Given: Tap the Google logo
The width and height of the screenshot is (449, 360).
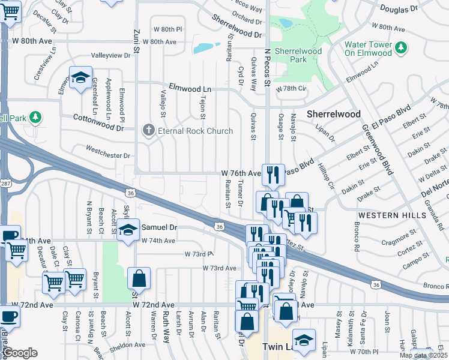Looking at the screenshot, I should pos(20,353).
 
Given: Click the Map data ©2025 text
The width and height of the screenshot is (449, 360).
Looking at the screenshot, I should pos(423,355).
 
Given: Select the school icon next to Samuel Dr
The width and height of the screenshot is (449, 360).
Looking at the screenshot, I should pos(128,229).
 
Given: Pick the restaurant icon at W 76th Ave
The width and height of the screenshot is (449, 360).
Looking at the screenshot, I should pos(273,175).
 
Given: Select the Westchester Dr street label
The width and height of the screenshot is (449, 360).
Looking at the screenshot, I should pos(108,155).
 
